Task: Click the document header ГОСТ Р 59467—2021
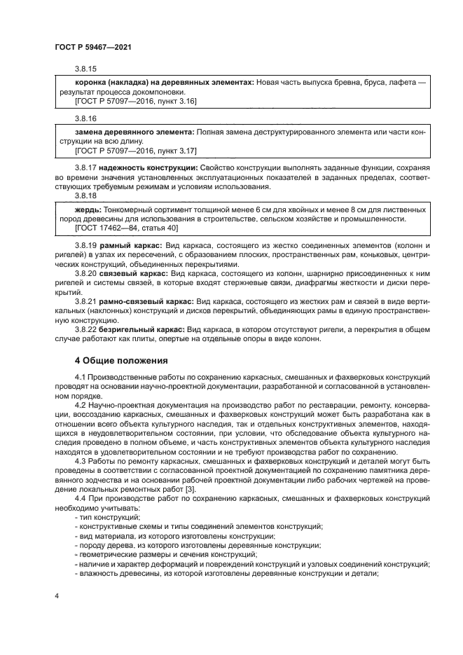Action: [x=93, y=46]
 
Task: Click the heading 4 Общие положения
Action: [x=120, y=361]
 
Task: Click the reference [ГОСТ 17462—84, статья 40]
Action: [x=116, y=228]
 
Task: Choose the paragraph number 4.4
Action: [x=81, y=497]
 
